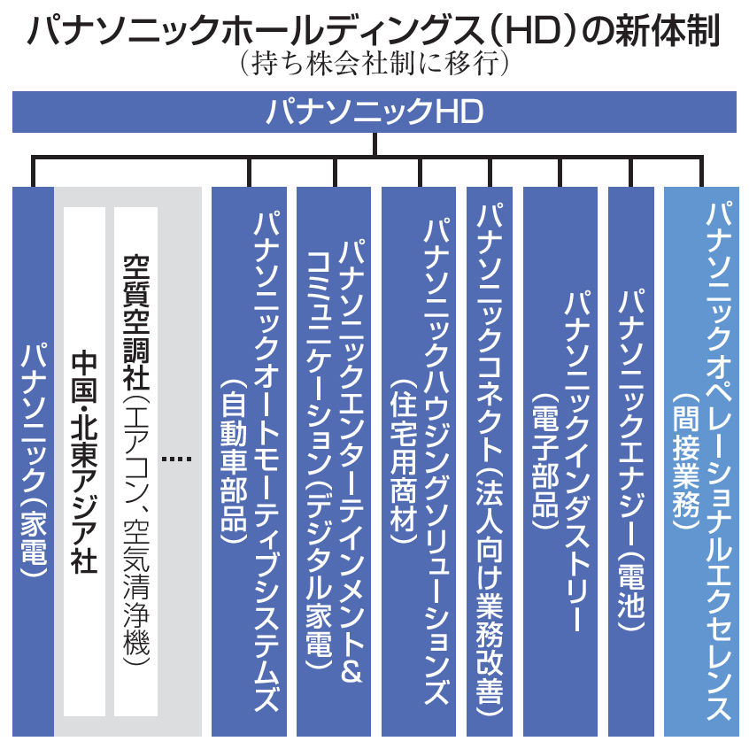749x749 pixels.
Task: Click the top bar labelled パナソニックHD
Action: click(x=374, y=112)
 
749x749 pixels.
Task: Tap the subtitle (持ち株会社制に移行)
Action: click(x=374, y=63)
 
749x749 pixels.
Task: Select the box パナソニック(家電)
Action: click(x=33, y=461)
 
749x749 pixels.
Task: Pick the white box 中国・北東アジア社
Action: click(x=84, y=461)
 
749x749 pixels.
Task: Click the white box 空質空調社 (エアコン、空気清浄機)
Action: click(x=136, y=461)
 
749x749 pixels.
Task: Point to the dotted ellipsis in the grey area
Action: click(x=177, y=459)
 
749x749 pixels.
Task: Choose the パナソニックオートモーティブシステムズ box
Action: click(x=249, y=461)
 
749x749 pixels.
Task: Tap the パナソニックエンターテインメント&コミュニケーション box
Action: click(x=334, y=461)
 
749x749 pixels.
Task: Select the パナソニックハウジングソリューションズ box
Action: click(x=419, y=461)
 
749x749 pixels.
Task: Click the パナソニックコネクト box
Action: click(x=490, y=461)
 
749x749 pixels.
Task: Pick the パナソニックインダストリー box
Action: click(x=560, y=461)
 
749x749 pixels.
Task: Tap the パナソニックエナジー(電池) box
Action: click(x=631, y=461)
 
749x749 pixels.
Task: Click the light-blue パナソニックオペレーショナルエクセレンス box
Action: click(x=701, y=461)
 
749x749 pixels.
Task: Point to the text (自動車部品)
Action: click(x=234, y=461)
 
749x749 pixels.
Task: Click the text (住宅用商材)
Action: click(x=404, y=461)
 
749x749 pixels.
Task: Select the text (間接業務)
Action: click(x=686, y=461)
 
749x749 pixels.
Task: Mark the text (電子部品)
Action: click(x=545, y=461)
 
